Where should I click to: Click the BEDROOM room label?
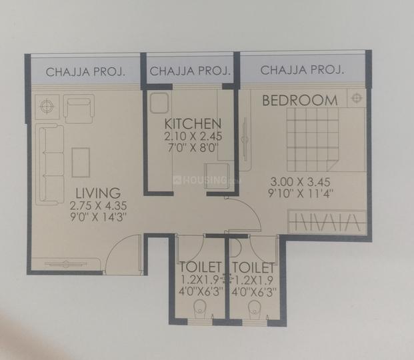(x=299, y=100)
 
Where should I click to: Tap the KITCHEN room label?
(x=193, y=123)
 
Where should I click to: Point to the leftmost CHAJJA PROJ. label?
(x=83, y=71)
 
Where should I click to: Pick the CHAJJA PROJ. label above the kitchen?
(x=190, y=71)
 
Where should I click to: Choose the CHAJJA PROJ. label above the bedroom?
(x=303, y=70)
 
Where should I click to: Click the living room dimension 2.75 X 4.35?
(x=99, y=205)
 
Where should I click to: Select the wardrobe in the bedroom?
(x=327, y=221)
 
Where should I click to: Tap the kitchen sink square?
(x=159, y=104)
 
